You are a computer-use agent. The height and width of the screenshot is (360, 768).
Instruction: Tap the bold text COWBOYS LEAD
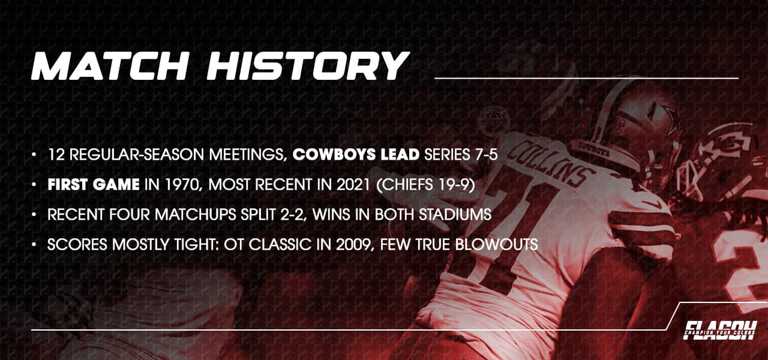pos(356,155)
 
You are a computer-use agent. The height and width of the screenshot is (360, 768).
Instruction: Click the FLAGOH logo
pos(720,330)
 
